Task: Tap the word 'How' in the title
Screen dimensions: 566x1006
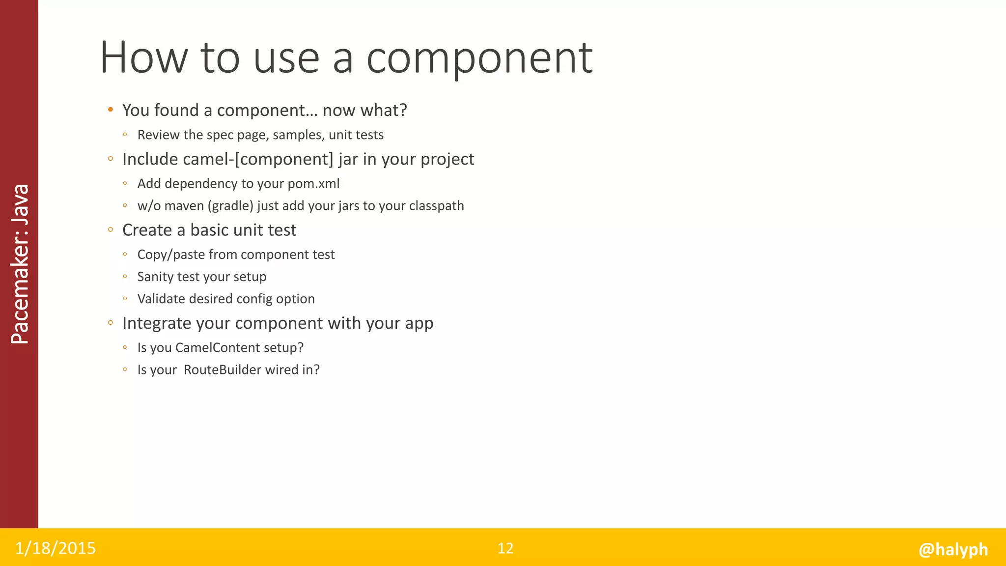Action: click(144, 58)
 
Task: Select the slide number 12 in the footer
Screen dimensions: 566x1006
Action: click(505, 548)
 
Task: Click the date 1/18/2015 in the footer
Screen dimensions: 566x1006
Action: click(56, 548)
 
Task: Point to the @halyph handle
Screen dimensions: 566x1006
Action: click(953, 549)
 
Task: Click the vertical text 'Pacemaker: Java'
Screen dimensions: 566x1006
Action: click(20, 264)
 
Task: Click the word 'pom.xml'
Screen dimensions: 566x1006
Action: click(313, 184)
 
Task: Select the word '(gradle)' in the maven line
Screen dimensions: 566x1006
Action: click(230, 206)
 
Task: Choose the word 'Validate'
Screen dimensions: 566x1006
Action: click(161, 299)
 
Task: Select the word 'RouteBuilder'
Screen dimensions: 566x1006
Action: click(216, 370)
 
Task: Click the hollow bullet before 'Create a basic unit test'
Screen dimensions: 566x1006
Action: click(111, 229)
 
